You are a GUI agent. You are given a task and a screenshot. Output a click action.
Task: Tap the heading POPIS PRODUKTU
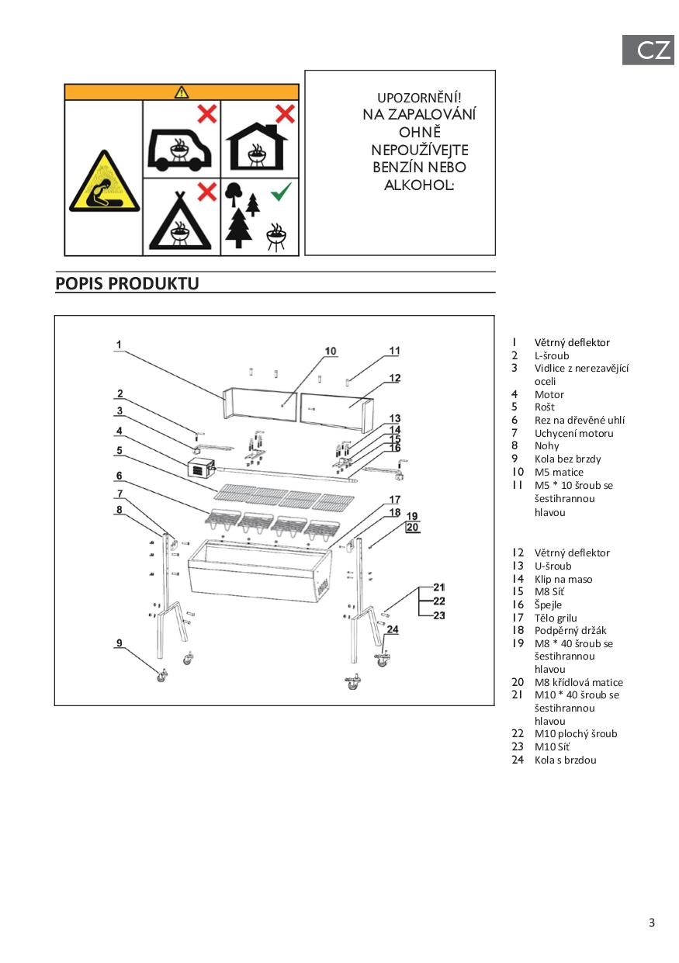pos(127,283)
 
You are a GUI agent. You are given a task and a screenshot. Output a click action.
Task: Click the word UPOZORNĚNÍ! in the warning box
pos(419,98)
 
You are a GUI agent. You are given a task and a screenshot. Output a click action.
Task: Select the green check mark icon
pos(281,190)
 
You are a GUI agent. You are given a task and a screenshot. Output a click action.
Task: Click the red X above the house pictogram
pos(286,114)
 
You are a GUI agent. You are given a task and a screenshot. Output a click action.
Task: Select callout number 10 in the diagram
pos(331,352)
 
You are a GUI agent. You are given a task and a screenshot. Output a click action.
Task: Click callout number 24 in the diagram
pos(392,629)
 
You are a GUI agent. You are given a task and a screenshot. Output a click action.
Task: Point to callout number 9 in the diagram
pos(120,642)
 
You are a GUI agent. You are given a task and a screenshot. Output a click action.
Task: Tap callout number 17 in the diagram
pos(395,500)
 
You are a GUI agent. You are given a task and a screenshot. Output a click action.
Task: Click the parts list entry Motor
pos(549,394)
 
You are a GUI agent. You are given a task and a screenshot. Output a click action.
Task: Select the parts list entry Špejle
pos(548,604)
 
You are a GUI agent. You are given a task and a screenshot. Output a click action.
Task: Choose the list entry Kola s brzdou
pos(565,760)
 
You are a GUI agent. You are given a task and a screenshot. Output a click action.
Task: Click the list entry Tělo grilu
pos(556,618)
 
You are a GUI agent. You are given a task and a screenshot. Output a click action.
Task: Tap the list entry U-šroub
pos(553,566)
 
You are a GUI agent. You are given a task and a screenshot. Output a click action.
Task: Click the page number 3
pos(652,923)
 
